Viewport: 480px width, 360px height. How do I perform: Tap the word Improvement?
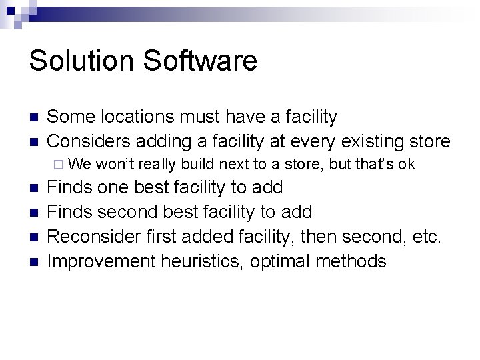click(101, 261)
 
